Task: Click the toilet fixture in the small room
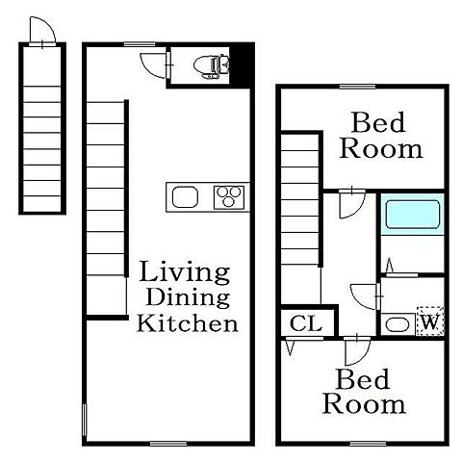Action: [x=212, y=66]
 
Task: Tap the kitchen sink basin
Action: [x=185, y=197]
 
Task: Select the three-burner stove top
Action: [x=229, y=197]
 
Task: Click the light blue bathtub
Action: [x=412, y=215]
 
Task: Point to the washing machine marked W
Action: [x=430, y=321]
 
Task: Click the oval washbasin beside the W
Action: [x=398, y=324]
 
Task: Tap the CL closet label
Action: [x=306, y=323]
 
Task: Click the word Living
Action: [x=185, y=272]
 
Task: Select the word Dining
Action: [x=188, y=297]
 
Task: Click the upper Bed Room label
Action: [x=381, y=136]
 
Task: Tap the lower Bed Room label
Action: [x=364, y=392]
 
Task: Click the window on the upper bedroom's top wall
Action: [x=357, y=87]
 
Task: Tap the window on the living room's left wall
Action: [x=85, y=420]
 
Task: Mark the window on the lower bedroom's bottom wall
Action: [x=368, y=444]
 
